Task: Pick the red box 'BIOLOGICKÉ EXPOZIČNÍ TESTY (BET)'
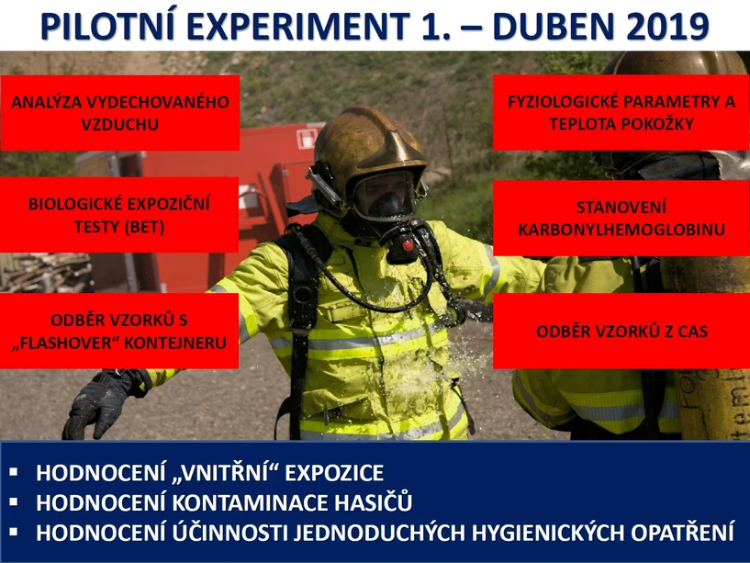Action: [119, 214]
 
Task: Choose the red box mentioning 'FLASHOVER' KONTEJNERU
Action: [119, 332]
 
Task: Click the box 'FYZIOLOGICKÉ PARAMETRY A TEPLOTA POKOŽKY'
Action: [621, 112]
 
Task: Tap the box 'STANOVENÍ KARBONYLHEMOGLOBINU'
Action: [621, 217]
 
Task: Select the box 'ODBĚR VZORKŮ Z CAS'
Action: [621, 332]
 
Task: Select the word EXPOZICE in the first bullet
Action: [330, 474]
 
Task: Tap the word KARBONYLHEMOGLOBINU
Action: [621, 228]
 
